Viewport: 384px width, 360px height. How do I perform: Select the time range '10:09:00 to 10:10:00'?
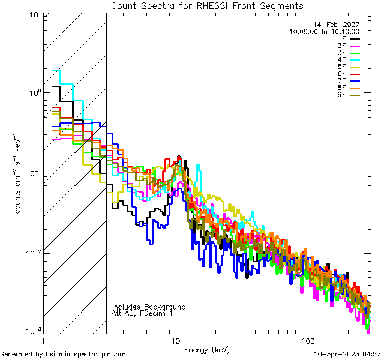tap(324, 31)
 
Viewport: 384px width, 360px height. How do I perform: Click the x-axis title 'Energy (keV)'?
tap(206, 349)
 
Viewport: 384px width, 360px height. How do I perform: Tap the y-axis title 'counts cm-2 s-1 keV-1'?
tap(19, 173)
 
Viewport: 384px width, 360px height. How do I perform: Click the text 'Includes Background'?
tap(149, 307)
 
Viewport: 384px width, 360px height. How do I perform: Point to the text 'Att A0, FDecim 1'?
tap(142, 313)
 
